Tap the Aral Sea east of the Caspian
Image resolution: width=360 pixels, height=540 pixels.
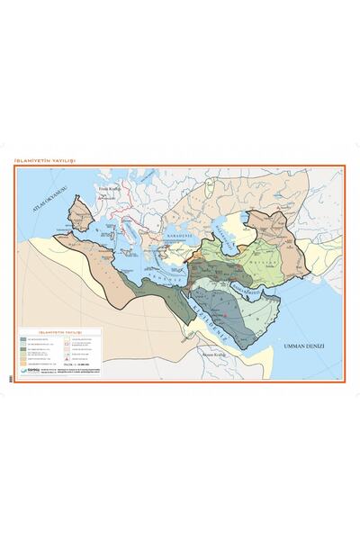click(x=239, y=222)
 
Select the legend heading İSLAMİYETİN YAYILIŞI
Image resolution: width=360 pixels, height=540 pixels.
click(x=60, y=332)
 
